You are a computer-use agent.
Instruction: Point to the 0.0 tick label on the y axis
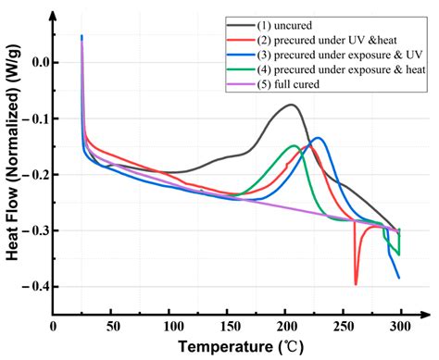(38, 62)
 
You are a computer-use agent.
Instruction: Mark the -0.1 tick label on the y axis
(35, 118)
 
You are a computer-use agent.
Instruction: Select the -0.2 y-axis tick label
(35, 175)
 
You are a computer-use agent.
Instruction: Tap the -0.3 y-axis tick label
(35, 231)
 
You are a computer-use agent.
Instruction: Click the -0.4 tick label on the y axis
(35, 288)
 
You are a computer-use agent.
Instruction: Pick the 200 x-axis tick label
(284, 325)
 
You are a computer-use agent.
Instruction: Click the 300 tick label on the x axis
(400, 325)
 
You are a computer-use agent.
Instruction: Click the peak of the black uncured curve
(292, 105)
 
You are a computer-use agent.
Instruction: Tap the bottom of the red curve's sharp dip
(356, 284)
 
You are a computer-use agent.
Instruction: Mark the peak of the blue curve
(318, 138)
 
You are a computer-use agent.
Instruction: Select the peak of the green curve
(295, 145)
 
